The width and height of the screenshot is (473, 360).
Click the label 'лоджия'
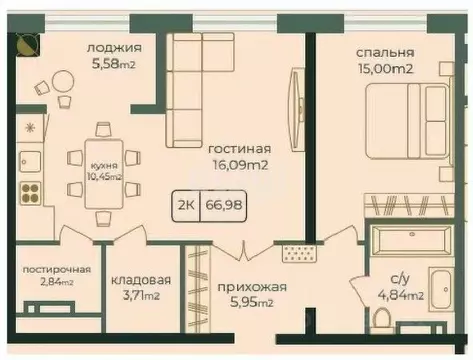(113, 48)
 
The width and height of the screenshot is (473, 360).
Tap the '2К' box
(186, 208)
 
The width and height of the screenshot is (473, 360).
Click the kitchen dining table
(102, 165)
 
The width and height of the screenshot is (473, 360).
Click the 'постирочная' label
(58, 270)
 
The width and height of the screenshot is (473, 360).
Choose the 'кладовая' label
(140, 280)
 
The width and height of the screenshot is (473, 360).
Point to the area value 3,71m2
(140, 297)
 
